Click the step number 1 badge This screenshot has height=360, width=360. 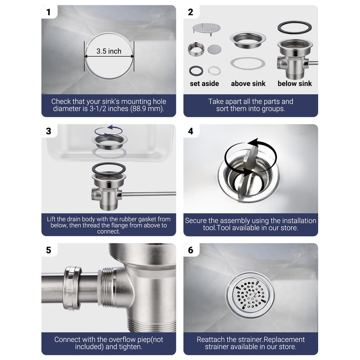coord(49,12)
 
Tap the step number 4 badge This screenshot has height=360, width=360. coord(190,131)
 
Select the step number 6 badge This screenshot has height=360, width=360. coord(190,250)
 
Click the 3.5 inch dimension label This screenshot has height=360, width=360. coord(109,51)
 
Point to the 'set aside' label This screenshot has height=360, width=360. coord(204,84)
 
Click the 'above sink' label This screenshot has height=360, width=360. coord(248,84)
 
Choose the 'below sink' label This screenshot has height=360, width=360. coord(295,84)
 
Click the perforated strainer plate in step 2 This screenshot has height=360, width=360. coord(207,28)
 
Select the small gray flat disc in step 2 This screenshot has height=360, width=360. coord(215,49)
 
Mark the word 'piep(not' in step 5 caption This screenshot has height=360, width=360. coord(150,339)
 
